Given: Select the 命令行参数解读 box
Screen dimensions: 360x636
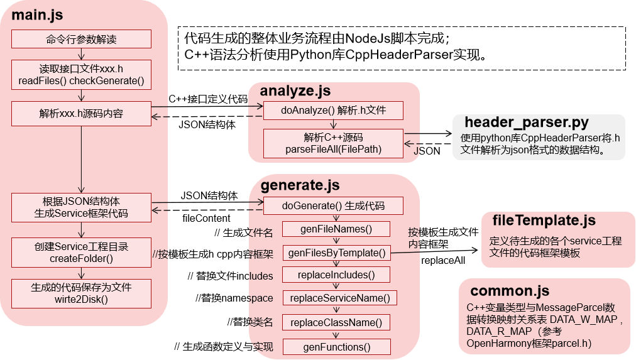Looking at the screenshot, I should (x=81, y=39).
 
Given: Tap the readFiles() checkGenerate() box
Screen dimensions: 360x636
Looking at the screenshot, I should (x=81, y=75).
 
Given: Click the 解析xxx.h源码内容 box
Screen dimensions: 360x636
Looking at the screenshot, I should (x=81, y=114).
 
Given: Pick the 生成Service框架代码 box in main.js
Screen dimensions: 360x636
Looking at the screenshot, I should (x=81, y=207).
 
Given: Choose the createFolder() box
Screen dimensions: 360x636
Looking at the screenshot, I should (x=81, y=252).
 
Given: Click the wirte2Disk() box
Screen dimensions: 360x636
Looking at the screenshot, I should (x=81, y=293).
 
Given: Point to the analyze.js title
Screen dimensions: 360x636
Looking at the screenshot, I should (x=295, y=92).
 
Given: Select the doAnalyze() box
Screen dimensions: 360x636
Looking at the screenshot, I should (x=333, y=111).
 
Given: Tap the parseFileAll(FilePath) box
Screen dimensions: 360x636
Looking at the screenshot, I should (x=333, y=143).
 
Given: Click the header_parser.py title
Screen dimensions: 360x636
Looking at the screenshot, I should (x=527, y=122).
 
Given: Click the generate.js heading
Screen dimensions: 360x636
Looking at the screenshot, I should (x=300, y=185).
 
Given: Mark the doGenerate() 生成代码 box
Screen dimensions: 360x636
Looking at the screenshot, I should (x=333, y=206).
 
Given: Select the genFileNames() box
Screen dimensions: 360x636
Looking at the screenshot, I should (x=336, y=229).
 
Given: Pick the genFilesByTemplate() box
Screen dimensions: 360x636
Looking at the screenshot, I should (x=336, y=253).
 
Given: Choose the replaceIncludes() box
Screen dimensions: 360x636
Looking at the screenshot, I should (x=336, y=275).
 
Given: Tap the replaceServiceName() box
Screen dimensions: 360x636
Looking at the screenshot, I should (x=339, y=298).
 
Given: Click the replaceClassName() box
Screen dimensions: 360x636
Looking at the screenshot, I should (x=336, y=322).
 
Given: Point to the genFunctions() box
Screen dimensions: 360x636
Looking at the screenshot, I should (x=336, y=346).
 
